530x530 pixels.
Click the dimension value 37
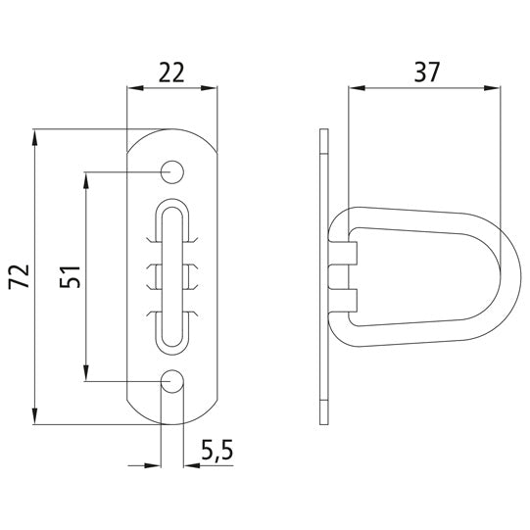click(427, 72)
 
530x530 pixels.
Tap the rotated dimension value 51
click(70, 275)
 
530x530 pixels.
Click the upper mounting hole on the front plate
click(173, 171)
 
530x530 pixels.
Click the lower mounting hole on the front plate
click(173, 381)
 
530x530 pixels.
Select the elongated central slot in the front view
click(172, 276)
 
